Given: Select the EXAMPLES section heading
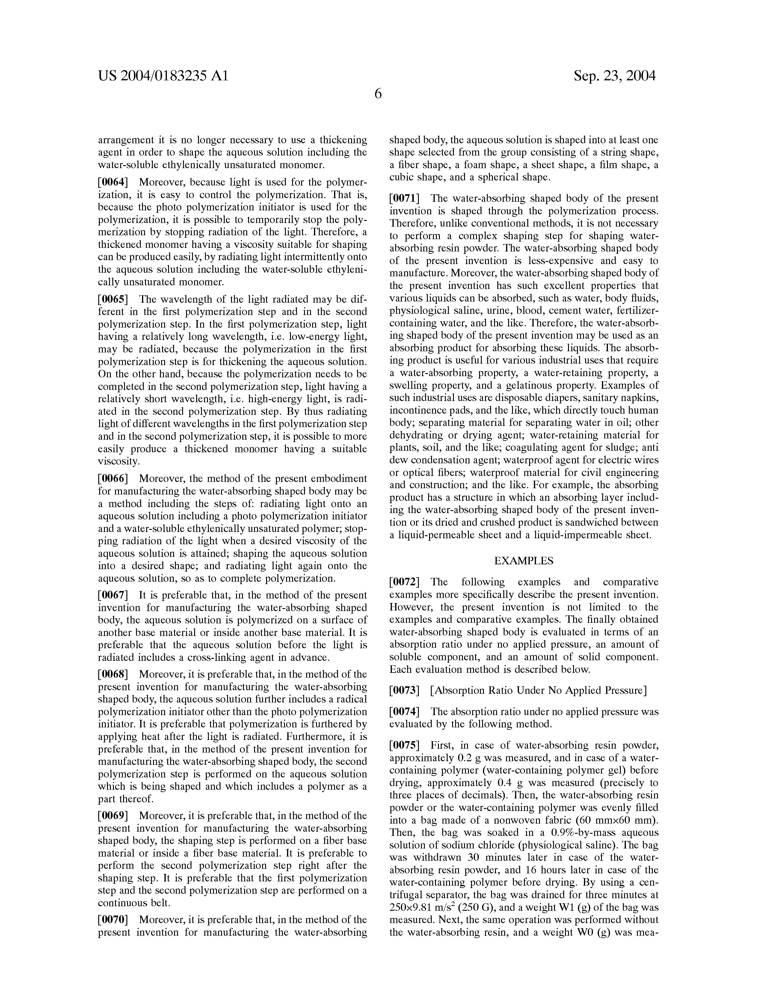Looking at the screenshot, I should (523, 561).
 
